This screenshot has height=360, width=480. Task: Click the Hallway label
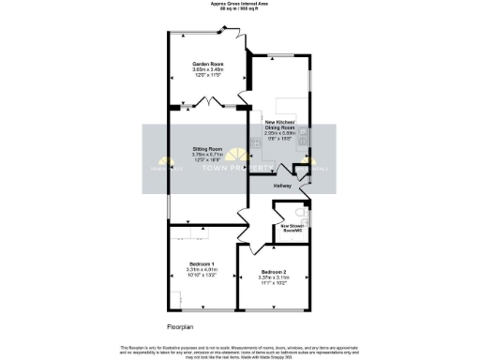(282, 186)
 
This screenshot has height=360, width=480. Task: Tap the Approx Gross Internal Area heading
(240, 5)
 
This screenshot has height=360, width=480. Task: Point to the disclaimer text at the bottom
(240, 350)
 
